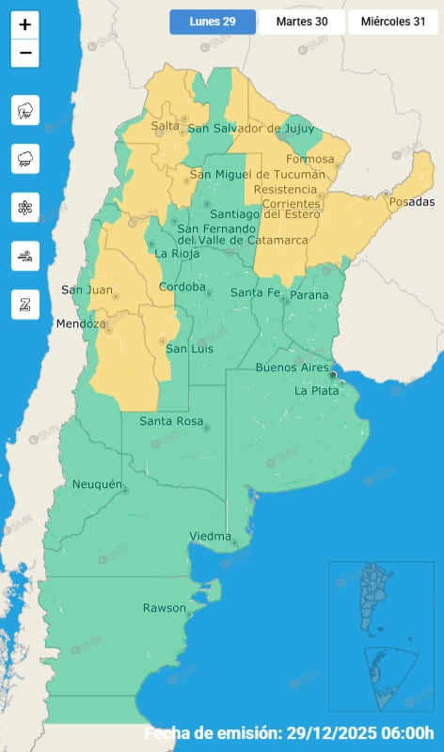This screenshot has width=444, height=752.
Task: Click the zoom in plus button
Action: (x=25, y=25)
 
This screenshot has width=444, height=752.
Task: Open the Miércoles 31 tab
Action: (x=393, y=22)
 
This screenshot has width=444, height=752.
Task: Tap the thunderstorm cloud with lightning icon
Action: (x=25, y=111)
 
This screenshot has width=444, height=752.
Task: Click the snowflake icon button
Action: (x=25, y=207)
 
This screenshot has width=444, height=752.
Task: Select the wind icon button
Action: (x=25, y=255)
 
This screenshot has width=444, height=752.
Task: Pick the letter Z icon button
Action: (x=25, y=304)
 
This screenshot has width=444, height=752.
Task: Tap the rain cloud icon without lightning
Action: (x=25, y=159)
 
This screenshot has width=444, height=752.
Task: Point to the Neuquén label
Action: (x=98, y=485)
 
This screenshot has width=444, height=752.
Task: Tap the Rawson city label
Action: (x=164, y=608)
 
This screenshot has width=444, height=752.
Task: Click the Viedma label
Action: (x=210, y=537)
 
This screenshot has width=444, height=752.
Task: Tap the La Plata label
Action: (x=315, y=390)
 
